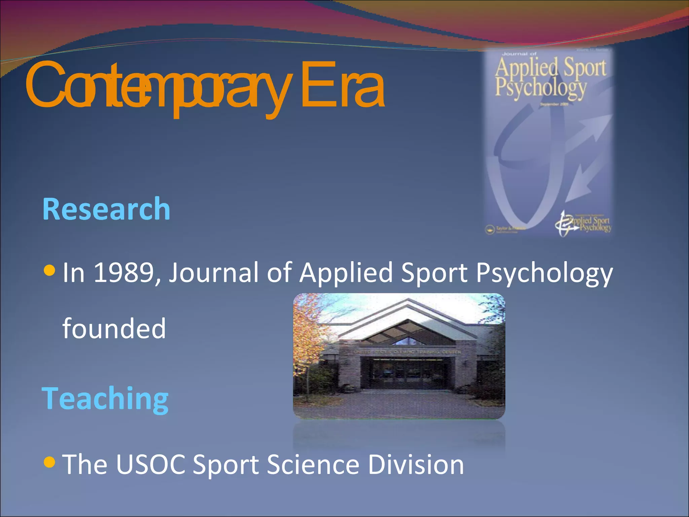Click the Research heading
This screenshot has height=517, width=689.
[106, 209]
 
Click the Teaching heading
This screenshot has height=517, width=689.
[105, 399]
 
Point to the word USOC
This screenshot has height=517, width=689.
[151, 464]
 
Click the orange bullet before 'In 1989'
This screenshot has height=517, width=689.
[49, 270]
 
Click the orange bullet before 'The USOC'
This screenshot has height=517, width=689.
[49, 462]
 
